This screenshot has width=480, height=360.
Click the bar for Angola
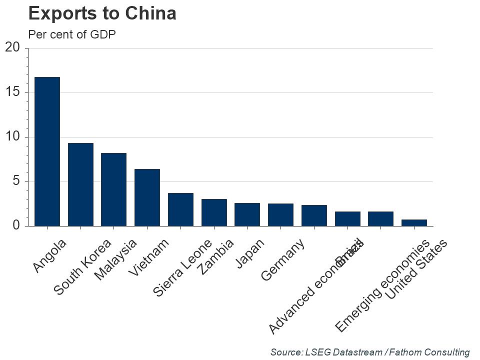pos(47,151)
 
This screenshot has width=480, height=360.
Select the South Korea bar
pos(80,184)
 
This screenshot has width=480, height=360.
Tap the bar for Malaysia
pos(113,189)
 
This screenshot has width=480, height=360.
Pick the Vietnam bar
pos(147,197)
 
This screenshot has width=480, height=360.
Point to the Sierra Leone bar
pos(180,209)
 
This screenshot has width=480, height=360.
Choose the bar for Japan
pos(247,214)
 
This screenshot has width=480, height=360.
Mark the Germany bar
pos(280,215)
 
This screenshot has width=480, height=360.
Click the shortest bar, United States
pos(414,222)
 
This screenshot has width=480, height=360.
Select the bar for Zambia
pos(214,212)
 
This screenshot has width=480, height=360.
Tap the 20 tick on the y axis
pos(12,47)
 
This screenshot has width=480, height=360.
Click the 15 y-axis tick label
pos(12,92)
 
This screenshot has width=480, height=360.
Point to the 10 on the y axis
pos(12,137)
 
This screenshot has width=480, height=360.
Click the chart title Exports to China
pos(102,13)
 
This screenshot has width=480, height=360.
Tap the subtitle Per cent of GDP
pos(72,34)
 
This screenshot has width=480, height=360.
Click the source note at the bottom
pos(370,352)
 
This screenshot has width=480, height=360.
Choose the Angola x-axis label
pos(49,256)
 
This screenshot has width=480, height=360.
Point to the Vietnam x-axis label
pos(148,257)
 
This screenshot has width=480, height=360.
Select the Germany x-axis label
pos(282,260)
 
